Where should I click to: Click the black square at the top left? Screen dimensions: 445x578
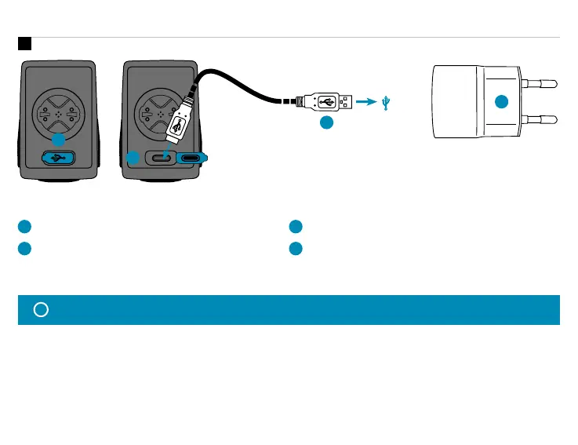(24, 43)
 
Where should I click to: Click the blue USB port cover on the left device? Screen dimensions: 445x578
(57, 157)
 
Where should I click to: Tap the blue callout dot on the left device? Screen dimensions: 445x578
(57, 139)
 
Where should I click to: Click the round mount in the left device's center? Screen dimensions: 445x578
(57, 113)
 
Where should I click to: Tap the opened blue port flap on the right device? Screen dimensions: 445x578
(194, 157)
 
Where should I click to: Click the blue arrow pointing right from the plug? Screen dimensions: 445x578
(365, 101)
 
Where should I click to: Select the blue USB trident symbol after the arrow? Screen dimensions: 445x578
(386, 101)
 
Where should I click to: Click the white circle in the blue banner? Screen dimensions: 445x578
(42, 309)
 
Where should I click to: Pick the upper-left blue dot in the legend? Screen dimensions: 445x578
(24, 227)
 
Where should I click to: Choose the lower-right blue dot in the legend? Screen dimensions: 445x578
(295, 248)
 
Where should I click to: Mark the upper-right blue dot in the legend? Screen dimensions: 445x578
(295, 227)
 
